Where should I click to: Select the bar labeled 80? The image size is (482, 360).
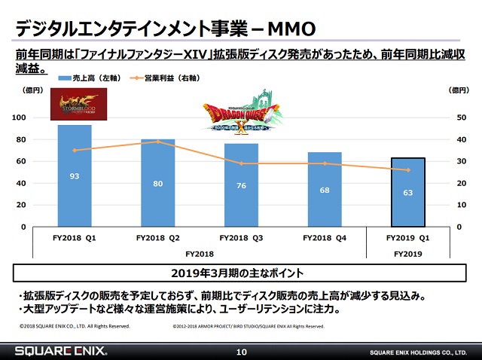point(158,183)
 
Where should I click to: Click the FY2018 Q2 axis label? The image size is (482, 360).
point(157,237)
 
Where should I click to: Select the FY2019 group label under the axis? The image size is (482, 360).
point(407,254)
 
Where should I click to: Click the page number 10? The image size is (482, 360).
point(241,351)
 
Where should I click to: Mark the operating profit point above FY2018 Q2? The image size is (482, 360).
point(158,142)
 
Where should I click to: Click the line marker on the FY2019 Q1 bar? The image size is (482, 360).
point(407,170)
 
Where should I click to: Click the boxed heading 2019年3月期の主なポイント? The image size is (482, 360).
point(240,272)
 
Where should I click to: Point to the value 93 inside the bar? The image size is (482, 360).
point(75,176)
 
